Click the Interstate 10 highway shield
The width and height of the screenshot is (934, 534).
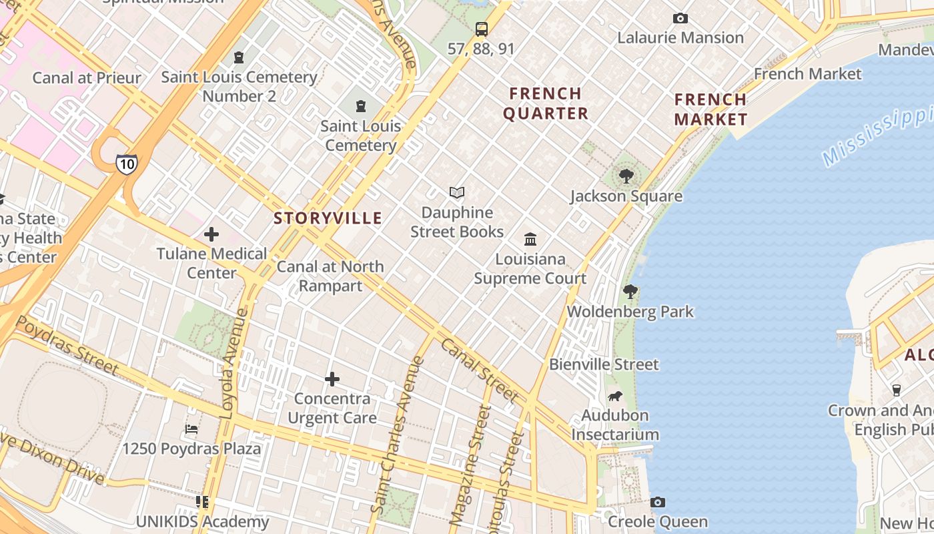(x=126, y=164)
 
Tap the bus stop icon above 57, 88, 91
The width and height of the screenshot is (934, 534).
(x=481, y=29)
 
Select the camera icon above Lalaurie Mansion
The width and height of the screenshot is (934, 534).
(x=680, y=18)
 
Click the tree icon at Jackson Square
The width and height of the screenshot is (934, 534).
(x=626, y=176)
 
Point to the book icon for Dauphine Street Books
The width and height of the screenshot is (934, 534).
(x=457, y=193)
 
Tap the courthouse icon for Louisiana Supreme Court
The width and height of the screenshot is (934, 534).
(x=530, y=239)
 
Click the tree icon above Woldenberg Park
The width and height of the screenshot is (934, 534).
(x=630, y=292)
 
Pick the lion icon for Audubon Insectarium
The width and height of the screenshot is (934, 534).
(x=614, y=396)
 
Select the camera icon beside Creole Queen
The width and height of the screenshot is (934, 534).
(x=658, y=502)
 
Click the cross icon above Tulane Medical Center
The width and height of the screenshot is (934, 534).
(x=211, y=234)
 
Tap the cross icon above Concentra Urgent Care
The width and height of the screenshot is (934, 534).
(x=332, y=379)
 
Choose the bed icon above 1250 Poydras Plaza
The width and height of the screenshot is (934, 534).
(x=191, y=429)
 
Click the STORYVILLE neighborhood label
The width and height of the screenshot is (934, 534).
(x=328, y=218)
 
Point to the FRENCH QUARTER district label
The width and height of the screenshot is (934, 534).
(x=546, y=103)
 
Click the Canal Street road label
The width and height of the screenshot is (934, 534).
(x=479, y=370)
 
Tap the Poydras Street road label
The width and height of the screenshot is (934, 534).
(x=67, y=345)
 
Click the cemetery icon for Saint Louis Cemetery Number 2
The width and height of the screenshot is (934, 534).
(x=238, y=57)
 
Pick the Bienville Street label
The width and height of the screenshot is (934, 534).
(x=604, y=364)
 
